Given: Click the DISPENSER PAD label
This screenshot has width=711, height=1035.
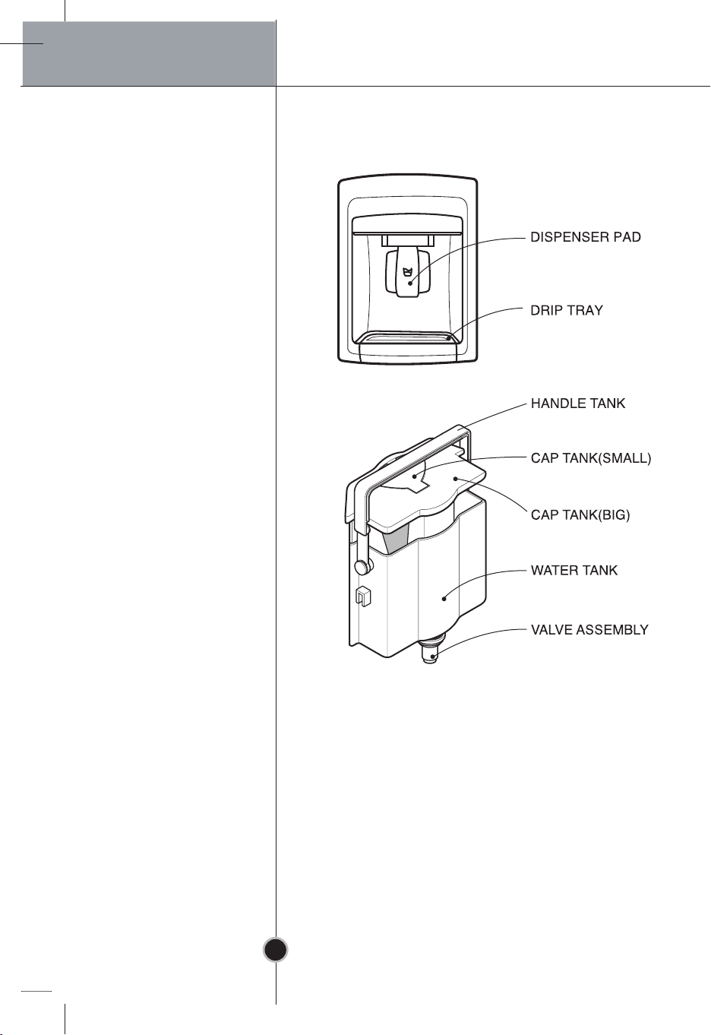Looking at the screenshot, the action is [586, 237].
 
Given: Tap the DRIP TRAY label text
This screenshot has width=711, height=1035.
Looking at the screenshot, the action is [567, 310].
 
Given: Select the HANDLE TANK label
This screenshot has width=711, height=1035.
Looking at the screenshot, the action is [577, 404].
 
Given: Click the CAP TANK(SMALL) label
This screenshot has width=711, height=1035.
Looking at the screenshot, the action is [591, 458].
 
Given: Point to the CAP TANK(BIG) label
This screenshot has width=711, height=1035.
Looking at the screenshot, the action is [580, 514].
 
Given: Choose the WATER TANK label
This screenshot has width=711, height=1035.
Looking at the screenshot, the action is [574, 570].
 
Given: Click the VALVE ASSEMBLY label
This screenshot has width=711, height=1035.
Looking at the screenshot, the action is [589, 630].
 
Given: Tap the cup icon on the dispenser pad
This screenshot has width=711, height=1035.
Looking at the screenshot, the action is [406, 271].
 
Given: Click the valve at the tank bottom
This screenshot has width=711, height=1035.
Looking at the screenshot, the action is [431, 650].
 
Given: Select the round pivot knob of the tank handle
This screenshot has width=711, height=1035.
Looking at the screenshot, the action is [362, 566].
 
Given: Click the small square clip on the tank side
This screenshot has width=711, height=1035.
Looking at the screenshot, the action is [363, 596].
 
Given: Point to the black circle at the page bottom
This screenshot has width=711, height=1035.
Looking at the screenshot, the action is [275, 950].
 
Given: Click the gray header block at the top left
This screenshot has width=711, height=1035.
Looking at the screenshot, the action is [149, 53].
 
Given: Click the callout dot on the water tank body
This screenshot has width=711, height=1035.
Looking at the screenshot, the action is [444, 599].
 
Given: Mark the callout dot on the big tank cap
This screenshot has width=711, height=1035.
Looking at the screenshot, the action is [455, 479].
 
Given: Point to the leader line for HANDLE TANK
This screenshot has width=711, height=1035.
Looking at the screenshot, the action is [495, 415].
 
